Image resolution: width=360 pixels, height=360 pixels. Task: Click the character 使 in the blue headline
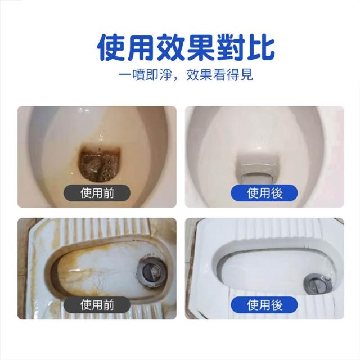[x=111, y=47]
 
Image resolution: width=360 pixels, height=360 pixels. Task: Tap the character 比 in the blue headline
[x=261, y=47]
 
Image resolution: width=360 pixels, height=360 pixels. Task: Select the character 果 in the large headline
[x=201, y=47]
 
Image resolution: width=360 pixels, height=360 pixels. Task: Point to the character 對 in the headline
[x=231, y=47]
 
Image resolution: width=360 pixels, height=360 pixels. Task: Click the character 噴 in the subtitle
[x=139, y=75]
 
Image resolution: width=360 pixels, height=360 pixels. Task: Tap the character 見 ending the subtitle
[x=247, y=75]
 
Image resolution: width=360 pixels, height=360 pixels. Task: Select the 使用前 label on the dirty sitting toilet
[x=97, y=193]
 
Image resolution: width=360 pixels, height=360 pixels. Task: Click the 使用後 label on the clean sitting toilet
[x=264, y=193]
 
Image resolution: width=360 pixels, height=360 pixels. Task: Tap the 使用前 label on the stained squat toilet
[x=97, y=305]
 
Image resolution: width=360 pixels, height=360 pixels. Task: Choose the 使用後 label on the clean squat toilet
[x=264, y=305]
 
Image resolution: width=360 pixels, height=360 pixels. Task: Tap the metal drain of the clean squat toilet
[x=318, y=283]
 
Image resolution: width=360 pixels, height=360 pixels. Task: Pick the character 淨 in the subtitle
[x=166, y=75]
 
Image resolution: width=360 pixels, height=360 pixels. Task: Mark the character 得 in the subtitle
[x=233, y=75]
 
